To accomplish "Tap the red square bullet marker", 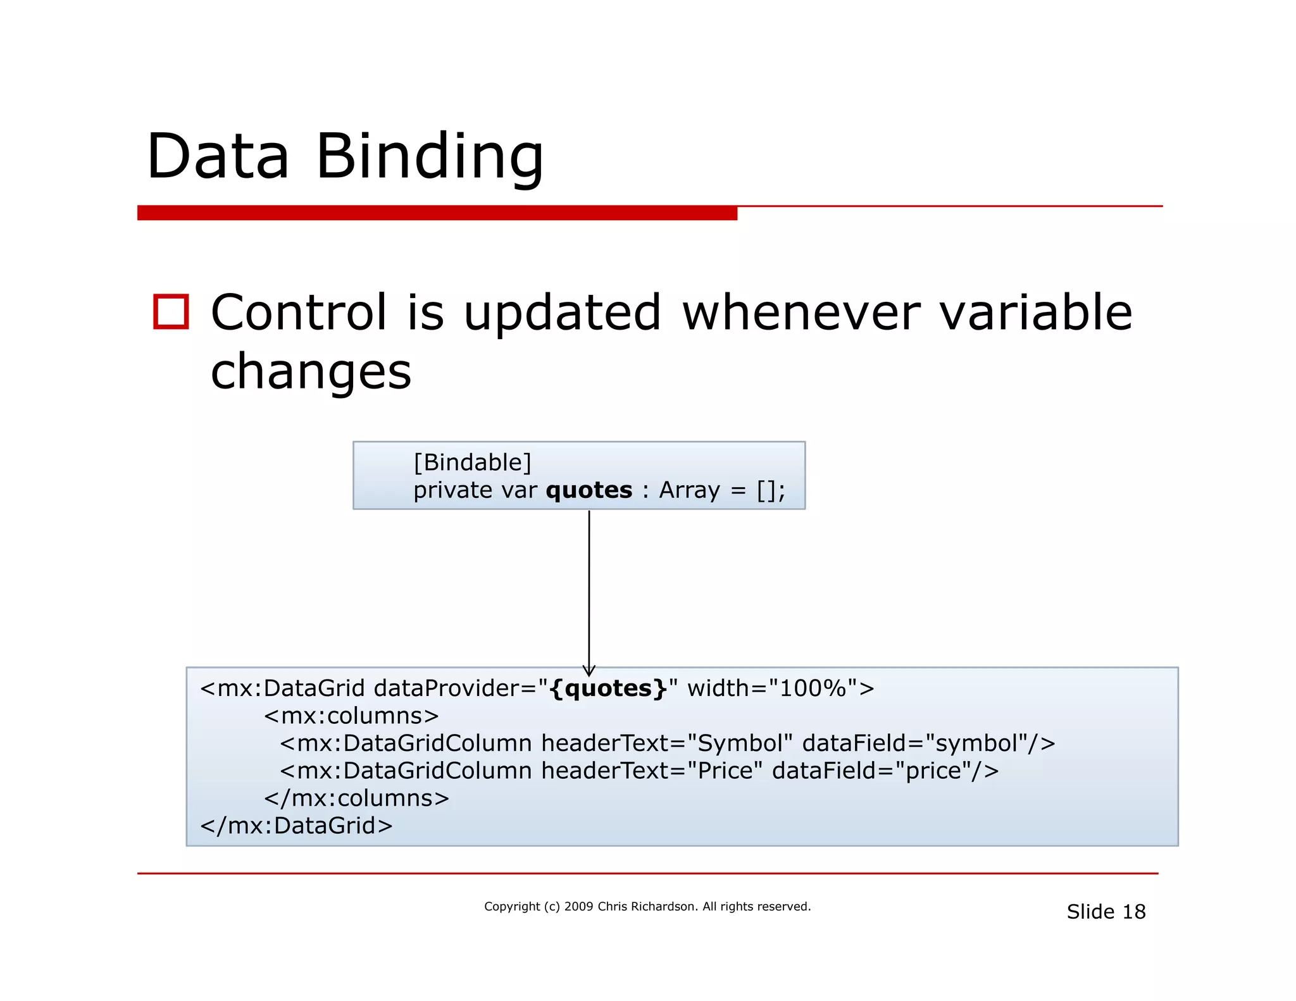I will (171, 312).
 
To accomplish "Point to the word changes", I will (311, 371).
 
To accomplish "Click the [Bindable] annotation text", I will (472, 463).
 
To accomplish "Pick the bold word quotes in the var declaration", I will (589, 490).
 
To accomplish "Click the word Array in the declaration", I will (689, 490).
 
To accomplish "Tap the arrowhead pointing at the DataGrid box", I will (589, 671).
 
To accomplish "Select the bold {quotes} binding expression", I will (608, 688).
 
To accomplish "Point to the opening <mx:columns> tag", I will (351, 716).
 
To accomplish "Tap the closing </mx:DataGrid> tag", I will (296, 826).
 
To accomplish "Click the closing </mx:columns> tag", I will (356, 799).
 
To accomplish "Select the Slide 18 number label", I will (1106, 912).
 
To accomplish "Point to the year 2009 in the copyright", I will (578, 907).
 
